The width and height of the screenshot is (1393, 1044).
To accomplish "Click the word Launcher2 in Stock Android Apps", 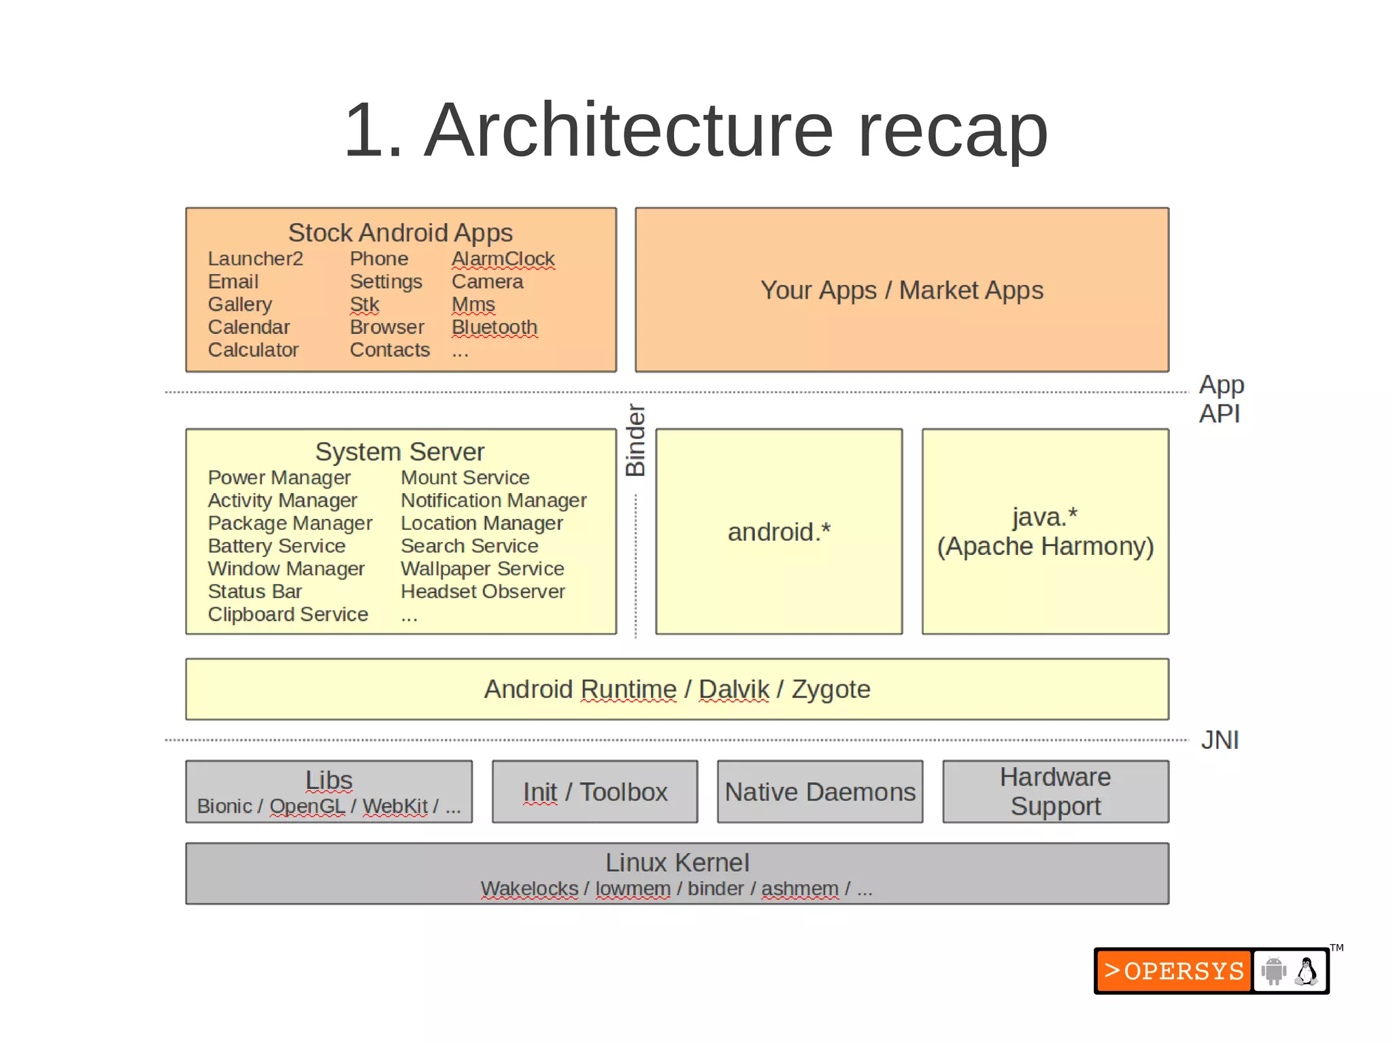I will click(x=255, y=259).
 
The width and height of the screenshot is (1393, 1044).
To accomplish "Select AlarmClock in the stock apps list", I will click(x=503, y=259).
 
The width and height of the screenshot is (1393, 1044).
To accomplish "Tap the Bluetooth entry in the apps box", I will click(x=494, y=327).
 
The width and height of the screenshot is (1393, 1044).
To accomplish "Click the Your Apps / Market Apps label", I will click(x=901, y=290).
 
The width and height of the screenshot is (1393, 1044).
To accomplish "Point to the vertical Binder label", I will click(x=635, y=441).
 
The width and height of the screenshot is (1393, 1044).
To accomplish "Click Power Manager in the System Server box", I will click(x=279, y=477).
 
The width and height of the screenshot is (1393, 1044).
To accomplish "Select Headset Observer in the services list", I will click(x=482, y=592).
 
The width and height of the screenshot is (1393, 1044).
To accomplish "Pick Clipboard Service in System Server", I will click(x=288, y=614).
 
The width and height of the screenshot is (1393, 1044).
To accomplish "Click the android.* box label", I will click(x=779, y=532).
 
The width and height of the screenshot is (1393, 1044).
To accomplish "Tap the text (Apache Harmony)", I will click(x=1045, y=546).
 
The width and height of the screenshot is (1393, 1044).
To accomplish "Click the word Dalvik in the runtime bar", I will click(x=733, y=690).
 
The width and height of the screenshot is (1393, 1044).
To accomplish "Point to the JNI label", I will click(x=1220, y=740).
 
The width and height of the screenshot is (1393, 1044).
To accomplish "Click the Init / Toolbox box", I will click(x=595, y=792).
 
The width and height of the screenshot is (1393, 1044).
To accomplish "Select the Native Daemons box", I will click(x=820, y=792).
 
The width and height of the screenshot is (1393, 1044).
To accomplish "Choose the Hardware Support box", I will click(x=1055, y=792).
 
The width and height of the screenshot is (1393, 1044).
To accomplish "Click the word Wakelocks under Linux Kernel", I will click(x=529, y=889).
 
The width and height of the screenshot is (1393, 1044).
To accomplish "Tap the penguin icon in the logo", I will click(x=1306, y=971).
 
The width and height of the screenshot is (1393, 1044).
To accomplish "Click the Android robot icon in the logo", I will click(x=1273, y=971).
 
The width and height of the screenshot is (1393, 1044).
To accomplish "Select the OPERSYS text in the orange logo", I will click(x=1184, y=971).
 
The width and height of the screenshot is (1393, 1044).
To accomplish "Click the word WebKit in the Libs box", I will click(x=395, y=807).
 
